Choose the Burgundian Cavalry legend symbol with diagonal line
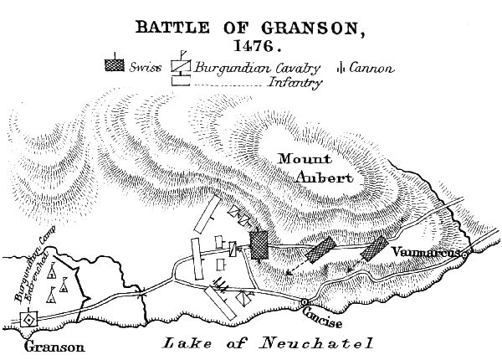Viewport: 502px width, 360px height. tap(180, 65)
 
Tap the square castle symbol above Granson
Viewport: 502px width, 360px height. tap(28, 320)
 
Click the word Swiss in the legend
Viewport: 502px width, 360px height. tap(145, 68)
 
